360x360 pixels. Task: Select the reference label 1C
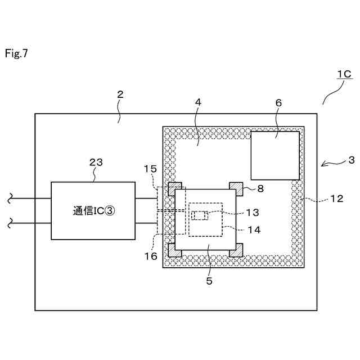click(344, 74)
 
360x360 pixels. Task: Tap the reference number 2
click(120, 94)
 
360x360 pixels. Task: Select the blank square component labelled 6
click(274, 156)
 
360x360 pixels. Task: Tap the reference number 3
click(351, 160)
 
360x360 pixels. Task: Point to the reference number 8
click(260, 189)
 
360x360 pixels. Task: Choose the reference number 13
click(253, 212)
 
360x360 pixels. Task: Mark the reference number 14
click(253, 229)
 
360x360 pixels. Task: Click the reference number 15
click(150, 168)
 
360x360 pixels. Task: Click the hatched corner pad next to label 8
click(236, 187)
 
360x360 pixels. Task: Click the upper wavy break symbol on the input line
click(10, 198)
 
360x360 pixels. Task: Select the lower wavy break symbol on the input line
click(10, 224)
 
